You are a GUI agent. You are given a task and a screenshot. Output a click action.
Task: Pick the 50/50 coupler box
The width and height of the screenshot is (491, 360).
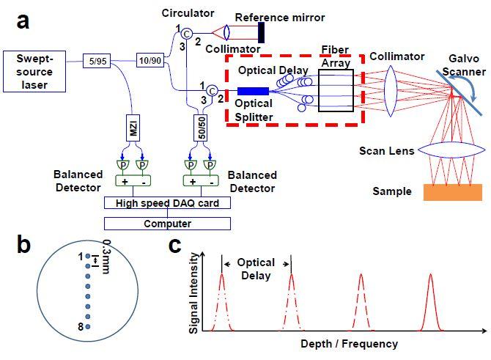point(200,131)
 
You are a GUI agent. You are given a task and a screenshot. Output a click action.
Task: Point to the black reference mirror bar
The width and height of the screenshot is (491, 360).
point(261,32)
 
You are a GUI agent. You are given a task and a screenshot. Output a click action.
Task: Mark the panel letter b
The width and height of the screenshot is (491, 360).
point(23,246)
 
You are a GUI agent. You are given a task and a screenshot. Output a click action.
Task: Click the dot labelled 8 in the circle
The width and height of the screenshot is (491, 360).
point(88,327)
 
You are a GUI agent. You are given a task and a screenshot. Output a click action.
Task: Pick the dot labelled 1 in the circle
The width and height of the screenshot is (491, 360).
point(88,256)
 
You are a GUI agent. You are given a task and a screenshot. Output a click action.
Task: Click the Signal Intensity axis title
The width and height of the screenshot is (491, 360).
point(194,291)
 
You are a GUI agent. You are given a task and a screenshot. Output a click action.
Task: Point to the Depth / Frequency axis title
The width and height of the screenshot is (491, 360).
point(349,343)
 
